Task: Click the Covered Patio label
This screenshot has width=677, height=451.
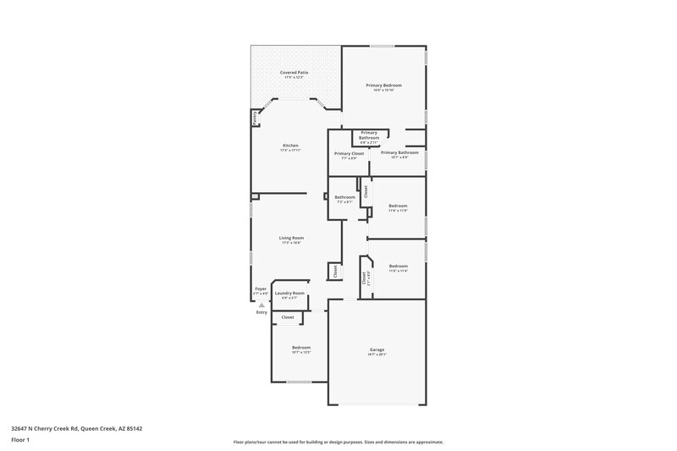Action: click(x=294, y=73)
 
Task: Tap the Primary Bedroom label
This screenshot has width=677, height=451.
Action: click(x=383, y=85)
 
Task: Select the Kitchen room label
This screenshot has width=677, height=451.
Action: click(x=290, y=146)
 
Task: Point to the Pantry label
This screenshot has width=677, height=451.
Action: click(x=255, y=119)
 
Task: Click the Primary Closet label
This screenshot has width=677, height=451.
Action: click(x=349, y=153)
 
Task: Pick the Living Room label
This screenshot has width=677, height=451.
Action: click(x=291, y=238)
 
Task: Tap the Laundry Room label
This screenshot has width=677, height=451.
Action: click(x=289, y=293)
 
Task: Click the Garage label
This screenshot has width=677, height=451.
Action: click(x=377, y=349)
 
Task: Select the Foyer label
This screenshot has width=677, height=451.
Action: click(x=261, y=289)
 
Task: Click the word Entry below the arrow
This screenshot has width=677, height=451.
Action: click(x=261, y=312)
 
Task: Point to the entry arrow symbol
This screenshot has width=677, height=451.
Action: click(x=261, y=304)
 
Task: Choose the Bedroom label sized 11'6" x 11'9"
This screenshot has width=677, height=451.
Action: click(x=398, y=206)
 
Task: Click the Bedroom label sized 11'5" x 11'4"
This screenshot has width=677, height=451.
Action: click(x=398, y=266)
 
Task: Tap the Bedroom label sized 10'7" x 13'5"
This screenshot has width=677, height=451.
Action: click(x=301, y=347)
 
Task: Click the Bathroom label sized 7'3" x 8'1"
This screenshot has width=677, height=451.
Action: click(x=344, y=197)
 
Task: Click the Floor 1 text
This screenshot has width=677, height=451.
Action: click(x=20, y=440)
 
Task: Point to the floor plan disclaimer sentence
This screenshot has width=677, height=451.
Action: click(x=338, y=442)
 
